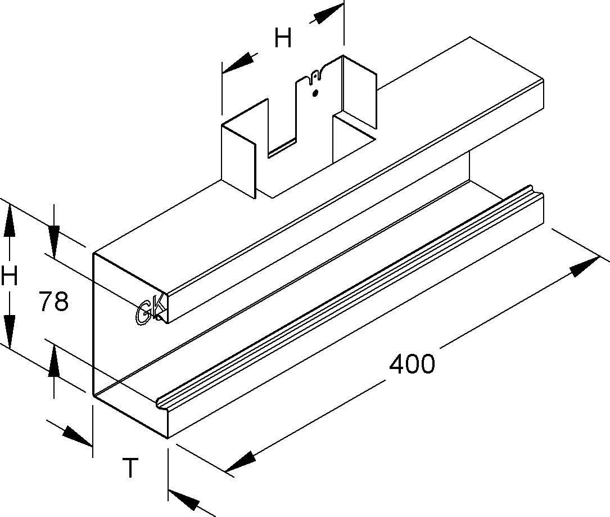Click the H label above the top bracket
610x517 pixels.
(283, 39)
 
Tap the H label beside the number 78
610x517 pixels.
(10, 277)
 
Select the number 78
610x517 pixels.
(54, 302)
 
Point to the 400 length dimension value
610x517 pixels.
(412, 365)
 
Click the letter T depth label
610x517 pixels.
(130, 468)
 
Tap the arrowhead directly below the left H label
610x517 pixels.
(10, 329)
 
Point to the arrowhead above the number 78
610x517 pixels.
(54, 240)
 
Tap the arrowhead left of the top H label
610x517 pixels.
(238, 62)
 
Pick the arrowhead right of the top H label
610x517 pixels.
(326, 15)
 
